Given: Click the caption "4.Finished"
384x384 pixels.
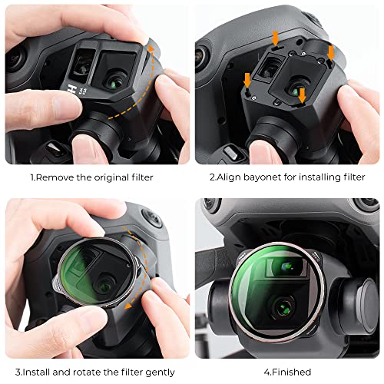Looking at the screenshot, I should coord(288,372).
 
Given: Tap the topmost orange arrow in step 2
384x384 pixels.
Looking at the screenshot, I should coord(274,38).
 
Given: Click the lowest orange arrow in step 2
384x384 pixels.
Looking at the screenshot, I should coord(302,94).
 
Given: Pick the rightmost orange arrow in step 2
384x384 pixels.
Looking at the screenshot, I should coord(331,52).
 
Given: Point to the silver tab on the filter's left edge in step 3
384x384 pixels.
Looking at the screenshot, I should coord(61,284).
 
